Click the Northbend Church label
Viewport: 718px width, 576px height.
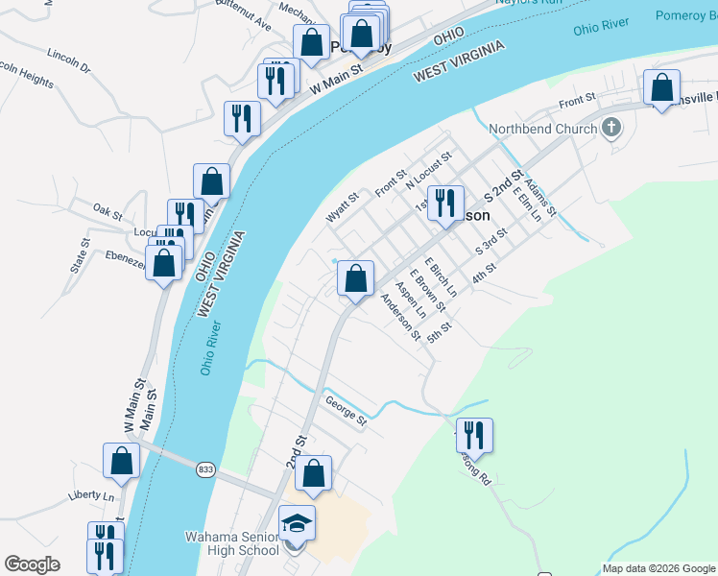click(x=542, y=130)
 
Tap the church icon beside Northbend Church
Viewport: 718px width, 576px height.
click(x=611, y=128)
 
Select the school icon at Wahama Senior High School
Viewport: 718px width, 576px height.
click(x=297, y=524)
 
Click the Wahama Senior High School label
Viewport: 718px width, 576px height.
click(x=234, y=542)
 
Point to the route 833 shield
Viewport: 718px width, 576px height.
click(x=204, y=469)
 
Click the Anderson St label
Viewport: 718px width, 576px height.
click(x=400, y=317)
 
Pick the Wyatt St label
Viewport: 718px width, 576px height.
click(x=342, y=206)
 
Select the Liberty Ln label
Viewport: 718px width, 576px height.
click(x=90, y=497)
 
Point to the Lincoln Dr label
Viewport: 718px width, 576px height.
click(x=67, y=68)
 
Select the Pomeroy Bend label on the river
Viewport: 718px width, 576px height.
click(x=685, y=15)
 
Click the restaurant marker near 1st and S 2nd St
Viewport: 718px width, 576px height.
click(x=445, y=203)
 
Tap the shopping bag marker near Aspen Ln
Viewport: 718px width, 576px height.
click(x=355, y=279)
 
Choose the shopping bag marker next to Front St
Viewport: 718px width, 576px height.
click(x=661, y=87)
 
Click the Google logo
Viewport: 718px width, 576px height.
click(x=32, y=564)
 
